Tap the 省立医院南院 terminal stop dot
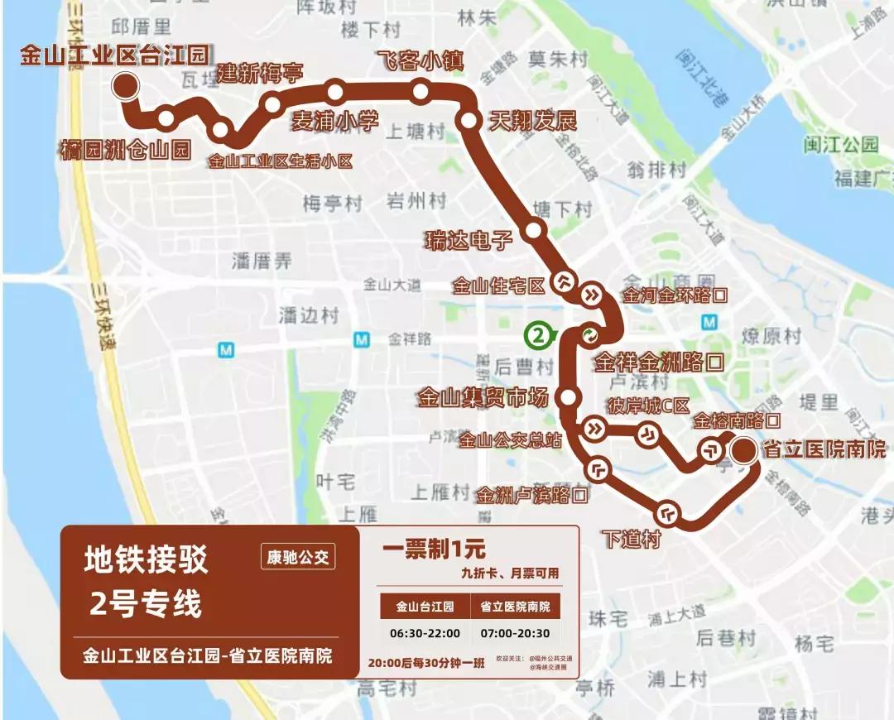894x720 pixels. pyautogui.click(x=743, y=449)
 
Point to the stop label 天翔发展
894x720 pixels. pyautogui.click(x=532, y=121)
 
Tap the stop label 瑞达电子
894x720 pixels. pyautogui.click(x=469, y=241)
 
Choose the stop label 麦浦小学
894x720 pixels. pyautogui.click(x=335, y=121)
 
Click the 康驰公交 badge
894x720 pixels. pyautogui.click(x=298, y=557)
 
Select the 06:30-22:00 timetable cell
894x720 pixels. pyautogui.click(x=425, y=633)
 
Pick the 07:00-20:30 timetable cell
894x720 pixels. pyautogui.click(x=515, y=633)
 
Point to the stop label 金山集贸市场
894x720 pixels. pyautogui.click(x=483, y=398)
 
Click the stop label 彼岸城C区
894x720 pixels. pyautogui.click(x=648, y=406)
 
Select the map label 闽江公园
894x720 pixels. pyautogui.click(x=840, y=146)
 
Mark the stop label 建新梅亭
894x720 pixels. pyautogui.click(x=260, y=74)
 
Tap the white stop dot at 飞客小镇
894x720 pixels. pyautogui.click(x=421, y=90)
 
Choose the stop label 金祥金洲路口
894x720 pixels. pyautogui.click(x=659, y=362)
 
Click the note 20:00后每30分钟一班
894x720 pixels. pyautogui.click(x=426, y=662)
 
